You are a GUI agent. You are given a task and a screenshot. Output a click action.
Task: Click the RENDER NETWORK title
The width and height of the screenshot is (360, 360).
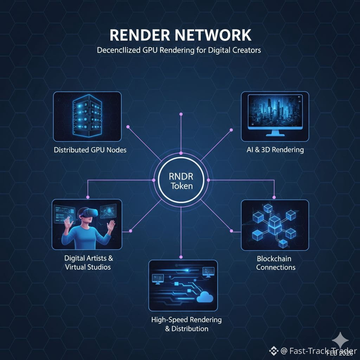pyautogui.click(x=180, y=36)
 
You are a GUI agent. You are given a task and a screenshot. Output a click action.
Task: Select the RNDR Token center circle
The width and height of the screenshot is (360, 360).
pyautogui.click(x=181, y=180)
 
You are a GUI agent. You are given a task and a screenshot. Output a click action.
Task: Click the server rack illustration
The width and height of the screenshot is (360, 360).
pyautogui.click(x=87, y=116)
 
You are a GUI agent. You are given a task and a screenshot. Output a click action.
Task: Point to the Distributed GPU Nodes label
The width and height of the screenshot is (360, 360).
pyautogui.click(x=90, y=150)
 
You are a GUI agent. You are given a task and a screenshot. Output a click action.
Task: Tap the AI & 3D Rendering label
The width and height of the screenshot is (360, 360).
pyautogui.click(x=275, y=150)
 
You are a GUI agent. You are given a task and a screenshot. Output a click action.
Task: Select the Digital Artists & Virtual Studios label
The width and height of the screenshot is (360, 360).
pyautogui.click(x=88, y=263)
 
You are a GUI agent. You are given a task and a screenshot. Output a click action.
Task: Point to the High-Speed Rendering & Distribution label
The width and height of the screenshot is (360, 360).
pyautogui.click(x=186, y=324)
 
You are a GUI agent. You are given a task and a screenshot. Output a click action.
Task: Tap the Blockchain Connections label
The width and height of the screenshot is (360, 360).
pyautogui.click(x=276, y=263)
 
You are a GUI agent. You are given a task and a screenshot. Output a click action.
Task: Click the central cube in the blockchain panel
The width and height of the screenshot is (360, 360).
pyautogui.click(x=274, y=223)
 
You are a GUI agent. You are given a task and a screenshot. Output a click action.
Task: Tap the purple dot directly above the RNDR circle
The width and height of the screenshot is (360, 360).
pyautogui.click(x=181, y=114)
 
